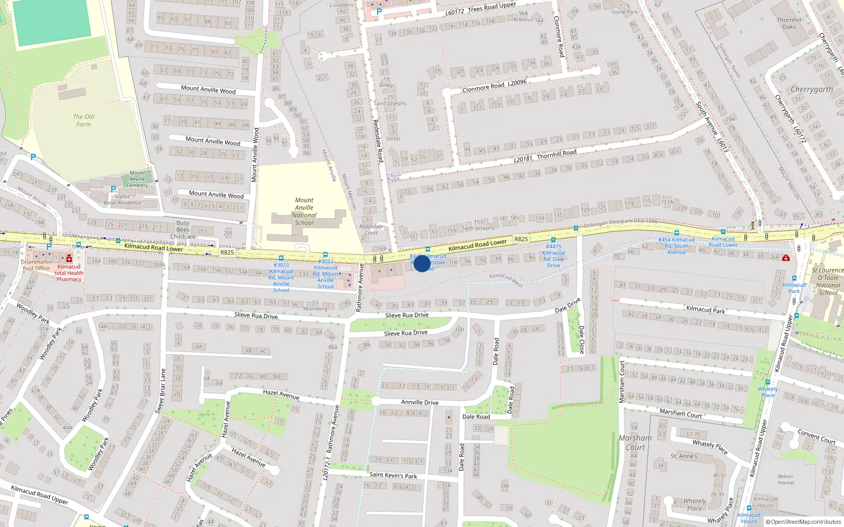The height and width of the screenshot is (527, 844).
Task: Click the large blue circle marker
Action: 422,263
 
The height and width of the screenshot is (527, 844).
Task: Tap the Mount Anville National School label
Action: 304,211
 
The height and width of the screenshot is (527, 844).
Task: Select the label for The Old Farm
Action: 83,120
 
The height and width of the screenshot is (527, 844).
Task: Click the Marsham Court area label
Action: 635,442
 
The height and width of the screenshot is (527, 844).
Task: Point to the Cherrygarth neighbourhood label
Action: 811,90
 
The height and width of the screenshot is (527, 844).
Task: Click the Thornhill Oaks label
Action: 789,23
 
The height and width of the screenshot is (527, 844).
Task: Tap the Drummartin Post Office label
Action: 36,265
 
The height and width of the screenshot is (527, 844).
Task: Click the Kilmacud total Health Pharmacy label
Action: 69,273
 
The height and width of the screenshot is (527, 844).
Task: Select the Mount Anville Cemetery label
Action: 137,179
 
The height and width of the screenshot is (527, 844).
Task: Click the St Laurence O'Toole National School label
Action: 828,281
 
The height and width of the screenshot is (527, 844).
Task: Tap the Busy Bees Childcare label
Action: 183,230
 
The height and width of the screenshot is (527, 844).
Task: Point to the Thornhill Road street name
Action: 557,154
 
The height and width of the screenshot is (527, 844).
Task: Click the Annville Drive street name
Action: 419,402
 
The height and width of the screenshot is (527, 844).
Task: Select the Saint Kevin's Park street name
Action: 393,475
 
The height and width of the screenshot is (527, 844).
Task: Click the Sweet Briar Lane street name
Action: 160,391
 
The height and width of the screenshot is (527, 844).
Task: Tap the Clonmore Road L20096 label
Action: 494,86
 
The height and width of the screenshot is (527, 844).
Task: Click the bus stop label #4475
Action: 553,256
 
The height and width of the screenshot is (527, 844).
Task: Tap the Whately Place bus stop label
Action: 768,392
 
